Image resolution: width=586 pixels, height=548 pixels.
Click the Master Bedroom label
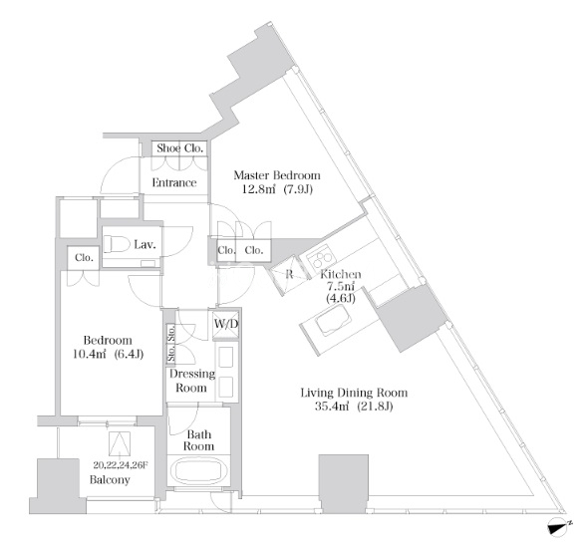(277, 175)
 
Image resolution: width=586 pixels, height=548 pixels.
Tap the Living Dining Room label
(354, 393)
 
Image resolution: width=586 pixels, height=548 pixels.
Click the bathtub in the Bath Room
(198, 471)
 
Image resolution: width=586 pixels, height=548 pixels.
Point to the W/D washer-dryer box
(225, 325)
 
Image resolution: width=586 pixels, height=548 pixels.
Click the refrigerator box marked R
(289, 275)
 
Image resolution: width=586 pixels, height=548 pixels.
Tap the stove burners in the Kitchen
(321, 256)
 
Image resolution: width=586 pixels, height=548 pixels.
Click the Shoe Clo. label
(179, 148)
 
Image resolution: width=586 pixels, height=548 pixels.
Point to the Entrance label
(174, 182)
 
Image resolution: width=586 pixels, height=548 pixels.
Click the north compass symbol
(559, 527)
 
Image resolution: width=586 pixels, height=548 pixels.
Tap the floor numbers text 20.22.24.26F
(121, 465)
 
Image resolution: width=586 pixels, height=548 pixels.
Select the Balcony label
(110, 479)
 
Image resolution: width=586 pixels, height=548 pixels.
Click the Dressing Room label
(191, 381)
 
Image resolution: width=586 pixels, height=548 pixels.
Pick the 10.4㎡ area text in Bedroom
(89, 354)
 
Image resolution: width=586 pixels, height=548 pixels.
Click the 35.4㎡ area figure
(332, 407)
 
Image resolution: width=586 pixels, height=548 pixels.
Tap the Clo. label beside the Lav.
(84, 258)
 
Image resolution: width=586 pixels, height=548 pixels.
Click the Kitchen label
(341, 274)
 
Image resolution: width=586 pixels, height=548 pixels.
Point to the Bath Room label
(199, 440)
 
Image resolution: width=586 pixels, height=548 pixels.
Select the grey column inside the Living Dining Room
(344, 483)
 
